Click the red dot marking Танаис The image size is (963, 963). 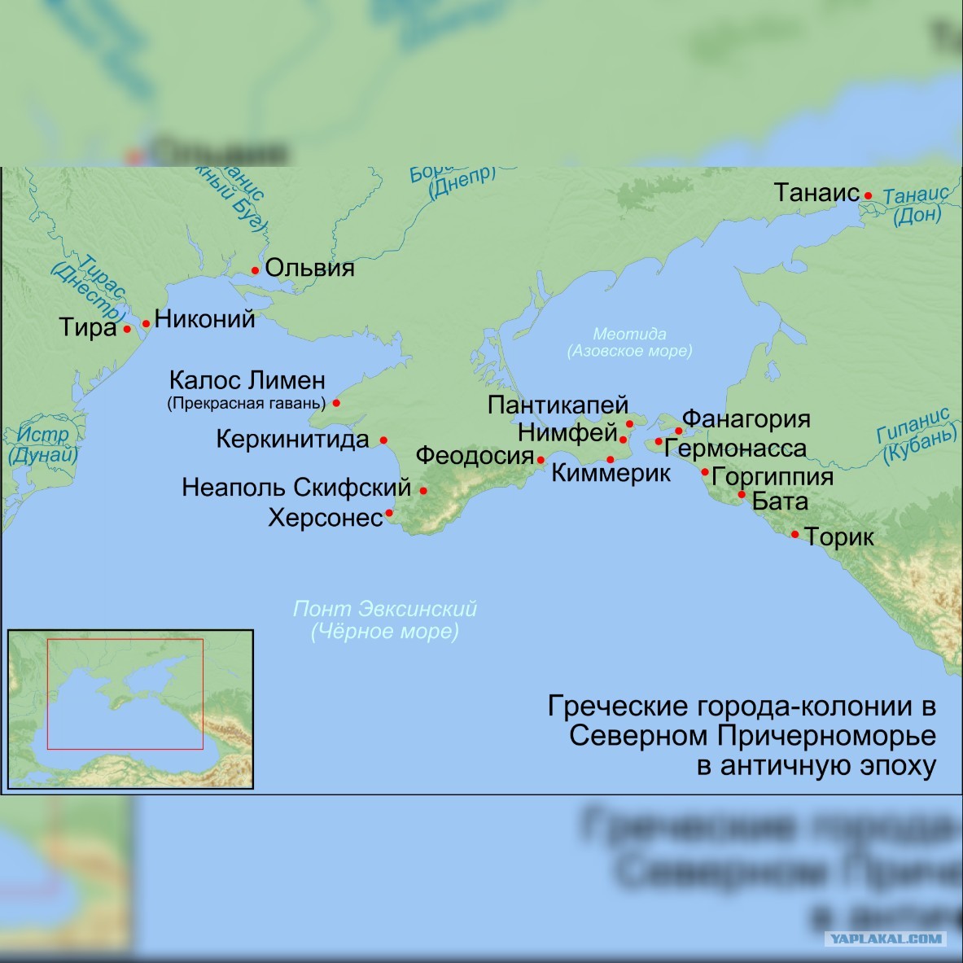pyautogui.click(x=868, y=195)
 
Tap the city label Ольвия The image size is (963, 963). pyautogui.click(x=309, y=268)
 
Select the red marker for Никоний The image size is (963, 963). pyautogui.click(x=147, y=323)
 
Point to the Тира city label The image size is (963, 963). pyautogui.click(x=88, y=327)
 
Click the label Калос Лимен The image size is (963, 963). pyautogui.click(x=247, y=380)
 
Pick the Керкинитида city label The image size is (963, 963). pyautogui.click(x=292, y=440)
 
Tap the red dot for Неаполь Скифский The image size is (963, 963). pyautogui.click(x=423, y=490)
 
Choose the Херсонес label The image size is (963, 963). pyautogui.click(x=326, y=518)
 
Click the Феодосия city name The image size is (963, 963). pyautogui.click(x=475, y=455)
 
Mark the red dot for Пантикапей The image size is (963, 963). pyautogui.click(x=629, y=424)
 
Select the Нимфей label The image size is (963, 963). pyautogui.click(x=567, y=433)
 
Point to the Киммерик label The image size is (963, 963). pyautogui.click(x=611, y=473)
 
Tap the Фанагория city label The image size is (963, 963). pyautogui.click(x=746, y=418)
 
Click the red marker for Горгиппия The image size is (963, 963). pyautogui.click(x=705, y=472)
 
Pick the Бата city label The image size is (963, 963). pyautogui.click(x=780, y=501)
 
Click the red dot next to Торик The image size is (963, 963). pyautogui.click(x=795, y=534)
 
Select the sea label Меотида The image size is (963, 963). pyautogui.click(x=629, y=334)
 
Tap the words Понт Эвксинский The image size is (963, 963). pyautogui.click(x=384, y=609)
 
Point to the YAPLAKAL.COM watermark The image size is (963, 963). pyautogui.click(x=885, y=939)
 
